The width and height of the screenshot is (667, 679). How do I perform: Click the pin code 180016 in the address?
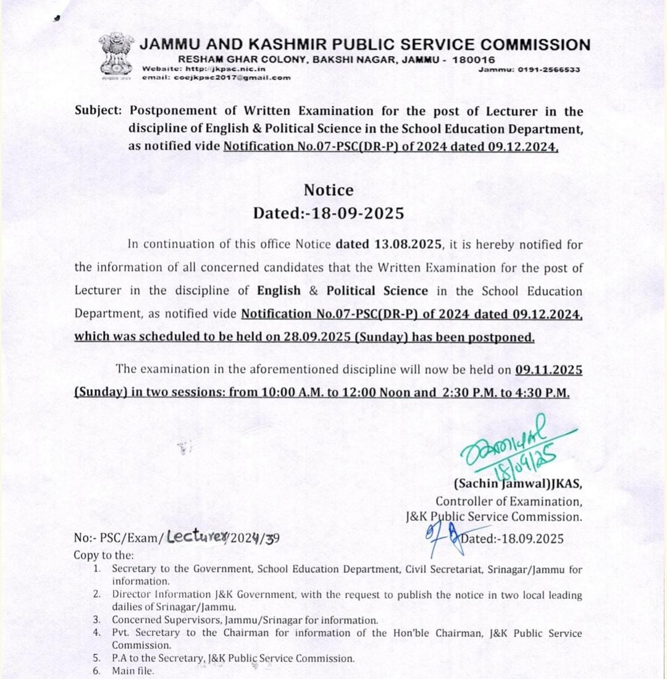coord(473,60)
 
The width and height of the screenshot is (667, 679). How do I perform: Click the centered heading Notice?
coord(329,190)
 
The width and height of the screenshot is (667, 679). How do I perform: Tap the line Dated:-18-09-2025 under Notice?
coord(329,213)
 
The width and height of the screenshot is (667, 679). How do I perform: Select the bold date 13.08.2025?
coord(408,244)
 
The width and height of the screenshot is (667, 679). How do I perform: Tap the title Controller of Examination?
coord(508,502)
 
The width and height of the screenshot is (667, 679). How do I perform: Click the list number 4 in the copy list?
coord(98,633)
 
